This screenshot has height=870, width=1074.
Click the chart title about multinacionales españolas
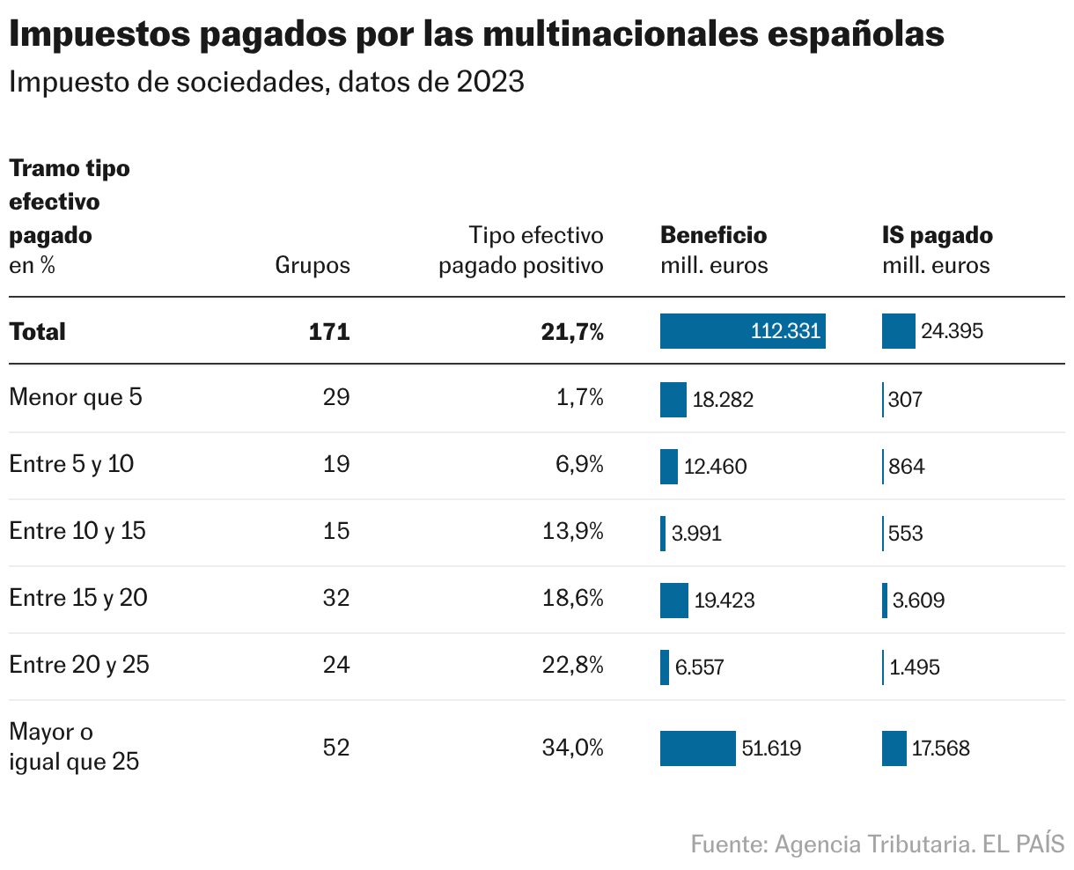tap(476, 34)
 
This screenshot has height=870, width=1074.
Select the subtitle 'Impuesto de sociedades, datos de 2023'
tap(266, 82)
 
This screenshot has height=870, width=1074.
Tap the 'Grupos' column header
tap(312, 265)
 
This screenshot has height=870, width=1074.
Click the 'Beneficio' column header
tap(713, 235)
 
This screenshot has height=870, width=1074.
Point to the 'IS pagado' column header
tap(937, 235)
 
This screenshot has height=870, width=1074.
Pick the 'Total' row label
tap(37, 332)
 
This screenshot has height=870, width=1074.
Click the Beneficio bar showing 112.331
tap(742, 331)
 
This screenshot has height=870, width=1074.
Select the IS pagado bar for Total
tap(898, 331)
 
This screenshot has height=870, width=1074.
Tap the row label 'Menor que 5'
tap(75, 397)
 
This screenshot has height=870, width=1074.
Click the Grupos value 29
tap(336, 397)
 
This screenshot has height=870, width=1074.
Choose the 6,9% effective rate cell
tap(578, 464)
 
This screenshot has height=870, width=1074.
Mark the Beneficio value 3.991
tap(696, 534)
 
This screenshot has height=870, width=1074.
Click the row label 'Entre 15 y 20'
tap(78, 598)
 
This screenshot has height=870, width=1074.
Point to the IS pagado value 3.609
tap(918, 601)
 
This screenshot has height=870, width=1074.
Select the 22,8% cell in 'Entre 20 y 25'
tap(573, 665)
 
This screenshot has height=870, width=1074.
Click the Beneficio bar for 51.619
tap(697, 748)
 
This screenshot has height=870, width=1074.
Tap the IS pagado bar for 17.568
tap(894, 748)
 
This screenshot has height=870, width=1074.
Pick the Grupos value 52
tap(336, 748)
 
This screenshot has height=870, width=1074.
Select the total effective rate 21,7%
tap(572, 332)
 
